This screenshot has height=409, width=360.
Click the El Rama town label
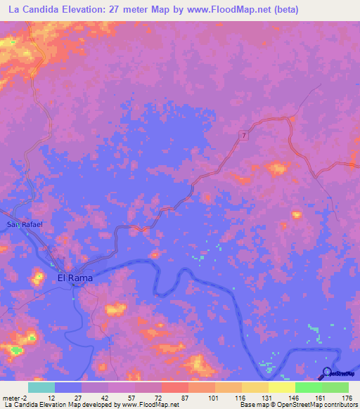click(75, 278)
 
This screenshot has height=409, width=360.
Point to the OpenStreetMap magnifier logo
click(327, 373)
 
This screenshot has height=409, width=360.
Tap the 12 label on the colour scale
click(51, 398)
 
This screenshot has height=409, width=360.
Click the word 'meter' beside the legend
click(11, 398)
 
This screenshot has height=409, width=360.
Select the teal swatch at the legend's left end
click(41, 387)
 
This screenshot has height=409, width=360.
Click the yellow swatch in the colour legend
click(281, 387)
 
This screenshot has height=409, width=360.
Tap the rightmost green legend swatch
click(335, 387)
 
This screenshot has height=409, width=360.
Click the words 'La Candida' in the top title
click(31, 10)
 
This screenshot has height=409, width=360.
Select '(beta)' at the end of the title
click(284, 10)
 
